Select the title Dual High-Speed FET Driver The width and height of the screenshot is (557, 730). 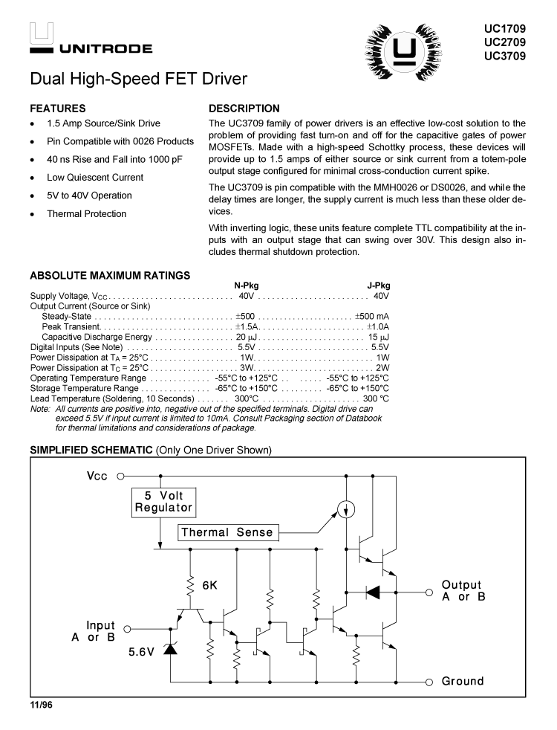[138, 79]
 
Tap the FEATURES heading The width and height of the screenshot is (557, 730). [57, 108]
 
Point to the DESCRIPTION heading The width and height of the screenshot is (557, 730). [244, 108]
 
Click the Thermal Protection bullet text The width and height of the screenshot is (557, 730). [86, 214]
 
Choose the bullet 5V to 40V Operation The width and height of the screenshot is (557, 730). [89, 196]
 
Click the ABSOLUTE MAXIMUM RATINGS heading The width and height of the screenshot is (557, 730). [110, 276]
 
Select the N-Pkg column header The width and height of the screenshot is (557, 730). [247, 285]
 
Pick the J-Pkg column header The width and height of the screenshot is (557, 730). [378, 285]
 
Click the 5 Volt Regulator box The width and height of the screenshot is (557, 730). [163, 502]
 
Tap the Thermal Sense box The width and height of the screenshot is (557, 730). [227, 532]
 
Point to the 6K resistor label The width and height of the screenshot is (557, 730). [209, 585]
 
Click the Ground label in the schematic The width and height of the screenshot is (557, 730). [462, 681]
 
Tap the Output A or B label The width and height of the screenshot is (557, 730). [462, 591]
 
